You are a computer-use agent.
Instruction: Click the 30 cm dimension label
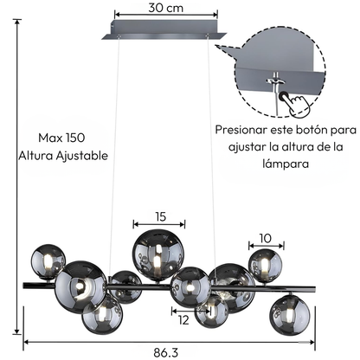tap(166, 8)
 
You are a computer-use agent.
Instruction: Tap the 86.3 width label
tap(165, 352)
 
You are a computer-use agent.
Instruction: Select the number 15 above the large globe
tap(161, 216)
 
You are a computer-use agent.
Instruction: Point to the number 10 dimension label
tap(266, 238)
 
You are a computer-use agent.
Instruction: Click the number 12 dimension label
tap(183, 320)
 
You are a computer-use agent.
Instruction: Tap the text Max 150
tap(61, 138)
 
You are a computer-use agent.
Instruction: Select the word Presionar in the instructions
tap(241, 130)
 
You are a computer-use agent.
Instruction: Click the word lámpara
tap(286, 164)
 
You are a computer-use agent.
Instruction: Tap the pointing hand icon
tap(298, 105)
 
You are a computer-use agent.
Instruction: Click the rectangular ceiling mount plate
tap(164, 30)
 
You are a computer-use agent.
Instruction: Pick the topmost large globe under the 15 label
tap(158, 255)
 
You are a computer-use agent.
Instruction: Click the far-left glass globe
tap(48, 261)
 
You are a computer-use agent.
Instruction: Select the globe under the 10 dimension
tap(266, 266)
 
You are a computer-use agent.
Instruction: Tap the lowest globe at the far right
tap(290, 315)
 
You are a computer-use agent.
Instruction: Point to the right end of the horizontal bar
tap(314, 289)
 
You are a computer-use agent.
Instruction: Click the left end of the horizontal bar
tap(24, 286)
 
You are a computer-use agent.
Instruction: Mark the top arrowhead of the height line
tap(17, 22)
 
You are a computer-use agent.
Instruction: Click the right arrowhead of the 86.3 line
tap(312, 342)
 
